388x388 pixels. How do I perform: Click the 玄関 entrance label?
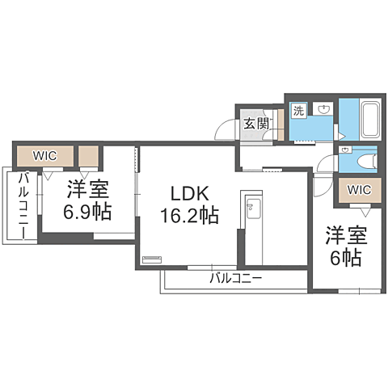256,124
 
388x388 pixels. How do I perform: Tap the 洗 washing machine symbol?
298,110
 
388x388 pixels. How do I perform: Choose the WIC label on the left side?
44,154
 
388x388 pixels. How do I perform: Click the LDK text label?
189,194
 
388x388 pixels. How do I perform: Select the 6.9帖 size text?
87,213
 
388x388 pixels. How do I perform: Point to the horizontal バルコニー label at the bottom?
235,279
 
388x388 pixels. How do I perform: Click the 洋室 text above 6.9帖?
87,191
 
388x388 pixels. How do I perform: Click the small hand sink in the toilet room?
345,150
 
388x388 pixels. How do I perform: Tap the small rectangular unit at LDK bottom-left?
151,260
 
